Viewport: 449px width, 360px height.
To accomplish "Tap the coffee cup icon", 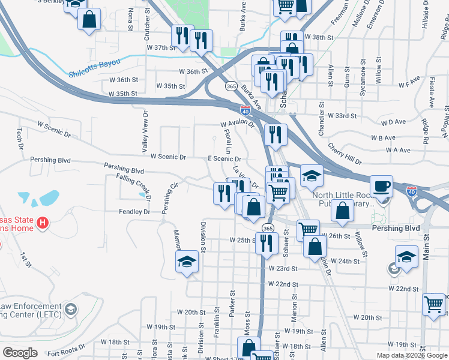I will point(381,186).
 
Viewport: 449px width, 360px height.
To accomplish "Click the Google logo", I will point(20,353).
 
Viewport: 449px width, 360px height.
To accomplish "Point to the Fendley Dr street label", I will point(134,212).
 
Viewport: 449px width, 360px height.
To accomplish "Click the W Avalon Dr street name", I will point(238,124).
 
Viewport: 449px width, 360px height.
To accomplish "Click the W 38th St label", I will point(319,37).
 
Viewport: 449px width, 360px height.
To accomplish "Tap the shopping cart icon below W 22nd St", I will point(434,304).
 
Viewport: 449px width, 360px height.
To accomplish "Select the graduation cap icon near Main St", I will point(406,257).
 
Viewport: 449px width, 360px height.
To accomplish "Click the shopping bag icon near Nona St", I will point(89,18).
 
